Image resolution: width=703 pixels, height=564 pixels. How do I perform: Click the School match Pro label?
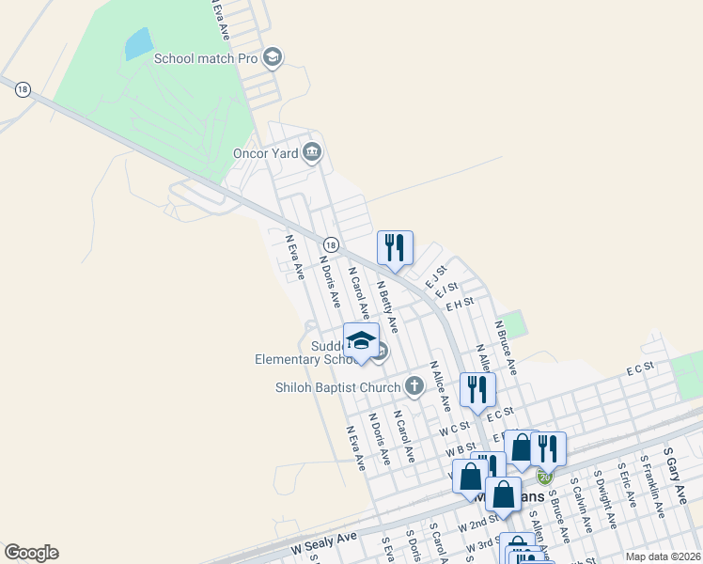pyautogui.click(x=206, y=58)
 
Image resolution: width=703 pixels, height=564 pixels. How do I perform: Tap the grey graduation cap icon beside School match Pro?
pyautogui.click(x=273, y=58)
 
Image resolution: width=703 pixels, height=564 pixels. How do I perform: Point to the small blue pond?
pyautogui.click(x=138, y=42)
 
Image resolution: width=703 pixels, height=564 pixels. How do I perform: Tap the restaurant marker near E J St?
pyautogui.click(x=395, y=247)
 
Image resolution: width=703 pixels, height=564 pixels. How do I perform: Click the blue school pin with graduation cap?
pyautogui.click(x=361, y=342)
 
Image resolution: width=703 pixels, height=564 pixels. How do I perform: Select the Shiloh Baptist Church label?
pyautogui.click(x=337, y=386)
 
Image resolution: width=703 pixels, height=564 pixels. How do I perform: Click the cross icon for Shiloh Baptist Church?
pyautogui.click(x=414, y=385)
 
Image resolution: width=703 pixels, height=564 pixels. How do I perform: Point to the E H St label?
pyautogui.click(x=461, y=303)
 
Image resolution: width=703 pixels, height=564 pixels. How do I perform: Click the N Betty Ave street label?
pyautogui.click(x=387, y=306)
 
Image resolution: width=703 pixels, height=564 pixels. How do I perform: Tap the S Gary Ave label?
pyautogui.click(x=675, y=469)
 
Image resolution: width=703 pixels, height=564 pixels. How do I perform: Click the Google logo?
pyautogui.click(x=31, y=553)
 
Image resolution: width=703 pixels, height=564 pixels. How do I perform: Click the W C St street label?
pyautogui.click(x=454, y=429)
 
